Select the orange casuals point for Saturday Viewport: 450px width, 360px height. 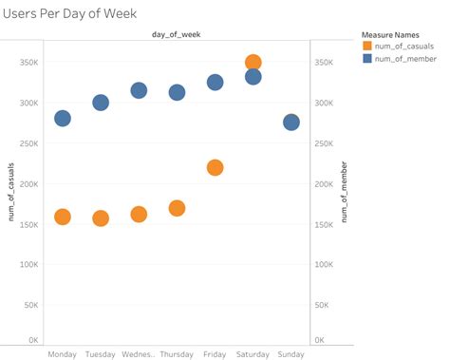253,63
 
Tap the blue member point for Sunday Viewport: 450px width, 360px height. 291,123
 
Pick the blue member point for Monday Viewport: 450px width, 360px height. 63,118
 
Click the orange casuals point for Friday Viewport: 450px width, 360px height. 215,167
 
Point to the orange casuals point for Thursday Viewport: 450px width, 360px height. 177,208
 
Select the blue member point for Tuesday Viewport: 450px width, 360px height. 101,102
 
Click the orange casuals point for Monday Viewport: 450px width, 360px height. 63,217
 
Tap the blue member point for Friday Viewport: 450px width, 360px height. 215,82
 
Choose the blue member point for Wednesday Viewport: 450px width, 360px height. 139,90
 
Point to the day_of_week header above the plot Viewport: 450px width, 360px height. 177,35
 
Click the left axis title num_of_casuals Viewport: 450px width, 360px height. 11,194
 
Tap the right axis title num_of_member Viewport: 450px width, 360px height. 344,194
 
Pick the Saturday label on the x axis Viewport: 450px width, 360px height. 253,354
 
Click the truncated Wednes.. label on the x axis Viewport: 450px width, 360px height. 139,354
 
